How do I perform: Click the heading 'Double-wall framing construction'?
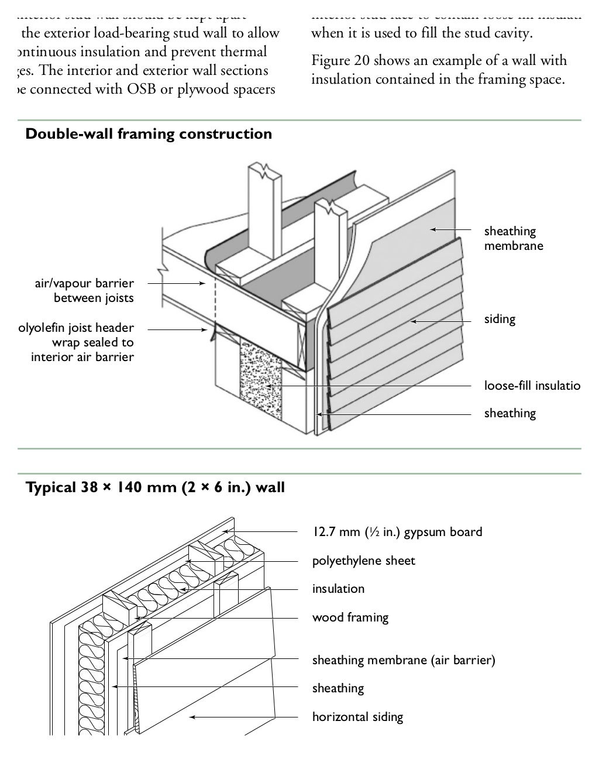click(149, 134)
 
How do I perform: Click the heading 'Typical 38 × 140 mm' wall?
click(155, 487)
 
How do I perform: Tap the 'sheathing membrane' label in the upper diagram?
click(513, 238)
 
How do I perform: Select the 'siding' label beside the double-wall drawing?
click(500, 320)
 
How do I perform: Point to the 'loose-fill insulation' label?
click(532, 386)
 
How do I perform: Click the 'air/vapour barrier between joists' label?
click(84, 291)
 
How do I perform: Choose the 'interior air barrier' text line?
click(82, 357)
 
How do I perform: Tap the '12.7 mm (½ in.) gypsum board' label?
click(397, 532)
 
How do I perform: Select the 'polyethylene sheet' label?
click(363, 561)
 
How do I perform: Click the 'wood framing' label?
click(350, 617)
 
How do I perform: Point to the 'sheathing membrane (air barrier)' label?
click(404, 660)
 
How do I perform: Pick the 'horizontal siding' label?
click(357, 717)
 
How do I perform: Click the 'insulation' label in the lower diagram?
click(338, 589)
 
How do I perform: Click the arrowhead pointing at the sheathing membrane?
click(433, 230)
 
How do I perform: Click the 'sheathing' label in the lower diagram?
click(338, 688)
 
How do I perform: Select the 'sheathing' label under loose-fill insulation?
click(510, 414)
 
